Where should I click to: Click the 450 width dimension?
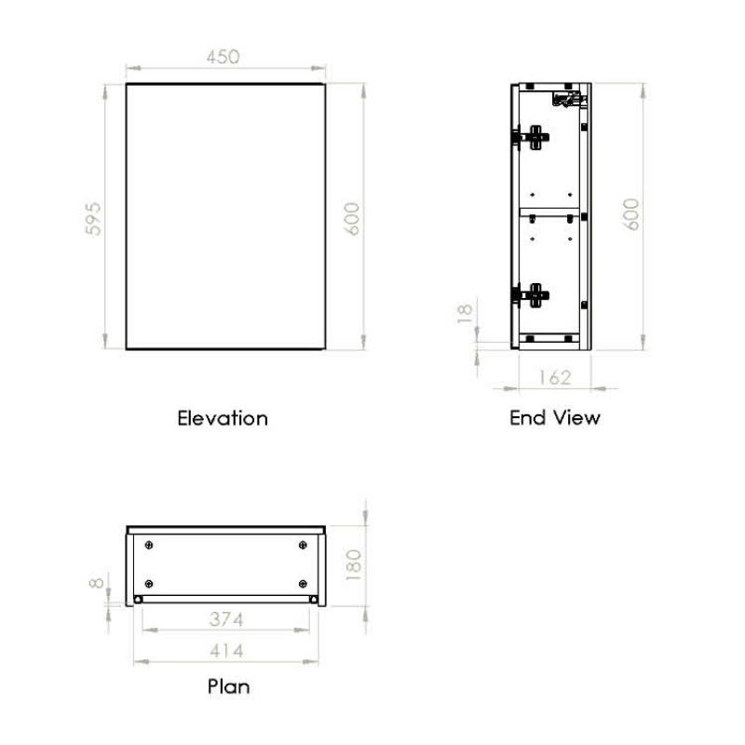[223, 56]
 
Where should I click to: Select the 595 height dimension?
[93, 219]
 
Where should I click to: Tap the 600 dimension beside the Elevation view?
[353, 218]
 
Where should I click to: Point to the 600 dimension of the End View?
[632, 215]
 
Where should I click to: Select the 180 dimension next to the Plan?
[353, 563]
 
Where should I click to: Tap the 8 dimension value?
[95, 584]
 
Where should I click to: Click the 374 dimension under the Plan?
[227, 619]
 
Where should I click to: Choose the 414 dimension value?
[227, 650]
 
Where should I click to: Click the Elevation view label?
[223, 418]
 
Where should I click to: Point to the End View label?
[555, 418]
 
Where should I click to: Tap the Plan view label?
[228, 687]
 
